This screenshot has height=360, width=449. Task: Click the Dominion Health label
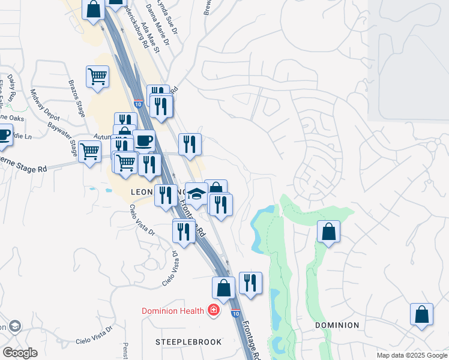pos(173,311)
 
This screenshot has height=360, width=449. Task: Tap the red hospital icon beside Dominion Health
pos(212,310)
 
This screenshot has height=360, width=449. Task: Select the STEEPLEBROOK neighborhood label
pos(188,342)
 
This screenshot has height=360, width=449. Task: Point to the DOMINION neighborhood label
pos(337,325)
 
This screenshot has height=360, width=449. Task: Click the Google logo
pos(20,353)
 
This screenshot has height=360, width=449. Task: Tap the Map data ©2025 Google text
pos(412,355)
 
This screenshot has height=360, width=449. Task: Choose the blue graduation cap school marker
pos(196,194)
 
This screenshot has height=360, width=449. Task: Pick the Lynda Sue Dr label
pos(176,5)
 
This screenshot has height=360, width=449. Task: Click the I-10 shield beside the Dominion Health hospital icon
pos(236,313)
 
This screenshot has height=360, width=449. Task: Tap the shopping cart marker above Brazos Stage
pos(97,77)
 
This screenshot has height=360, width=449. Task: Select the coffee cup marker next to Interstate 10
pos(143,141)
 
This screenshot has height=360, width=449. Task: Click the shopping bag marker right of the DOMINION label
pos(421,314)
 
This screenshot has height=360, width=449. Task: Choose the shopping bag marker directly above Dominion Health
pos(223,287)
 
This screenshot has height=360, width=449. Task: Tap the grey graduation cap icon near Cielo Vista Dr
pos(15,326)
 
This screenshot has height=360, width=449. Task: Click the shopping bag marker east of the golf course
pos(328,232)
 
